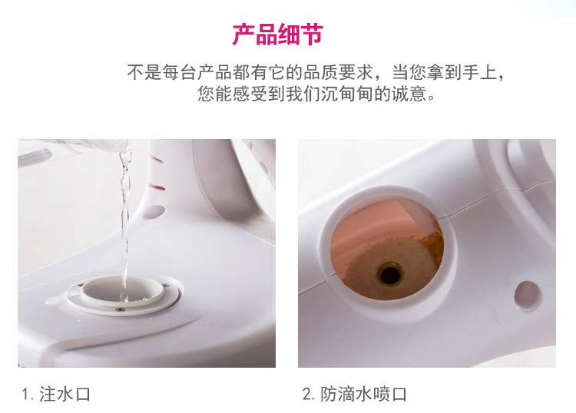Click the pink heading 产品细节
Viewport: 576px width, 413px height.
coord(278,35)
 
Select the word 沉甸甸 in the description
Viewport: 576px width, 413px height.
coord(347,94)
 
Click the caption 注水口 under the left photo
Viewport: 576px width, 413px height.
coord(65,395)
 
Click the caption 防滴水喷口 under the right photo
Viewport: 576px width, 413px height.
coord(364,395)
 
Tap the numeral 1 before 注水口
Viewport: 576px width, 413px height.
coord(25,395)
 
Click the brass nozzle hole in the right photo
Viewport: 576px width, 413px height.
coord(389,274)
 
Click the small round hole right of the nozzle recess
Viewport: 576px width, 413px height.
coord(528,296)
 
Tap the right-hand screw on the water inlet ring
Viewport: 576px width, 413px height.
coord(166,286)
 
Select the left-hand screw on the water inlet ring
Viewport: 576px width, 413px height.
coord(79,286)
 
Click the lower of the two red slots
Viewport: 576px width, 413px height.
coord(158,187)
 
